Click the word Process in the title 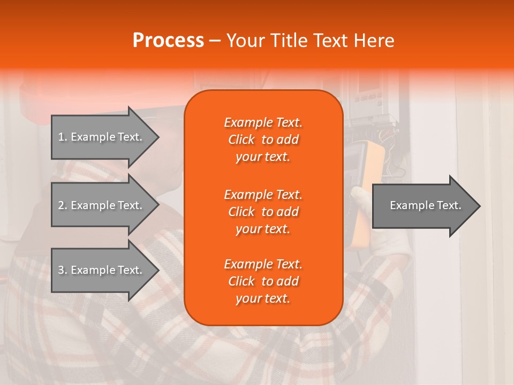168,41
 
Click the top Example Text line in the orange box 263,122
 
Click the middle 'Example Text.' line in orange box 263,194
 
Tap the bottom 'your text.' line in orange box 263,299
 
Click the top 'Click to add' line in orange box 263,140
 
